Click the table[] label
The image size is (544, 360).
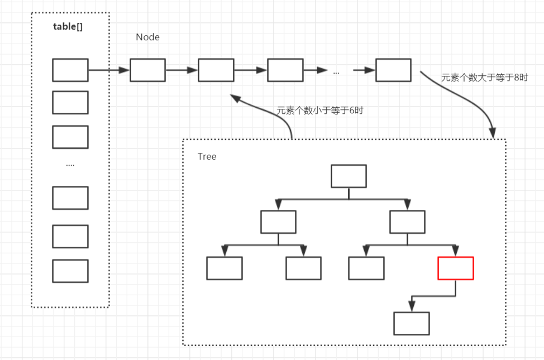pyautogui.click(x=68, y=27)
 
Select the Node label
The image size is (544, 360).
pyautogui.click(x=147, y=37)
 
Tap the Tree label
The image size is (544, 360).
pyautogui.click(x=207, y=157)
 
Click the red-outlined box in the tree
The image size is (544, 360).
pyautogui.click(x=456, y=268)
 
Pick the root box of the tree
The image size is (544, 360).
pyautogui.click(x=349, y=176)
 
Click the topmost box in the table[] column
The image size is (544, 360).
pyautogui.click(x=70, y=70)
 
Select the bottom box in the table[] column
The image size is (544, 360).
pyautogui.click(x=70, y=271)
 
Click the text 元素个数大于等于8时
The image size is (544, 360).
pyautogui.click(x=484, y=78)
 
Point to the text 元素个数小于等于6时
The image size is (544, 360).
pyautogui.click(x=320, y=111)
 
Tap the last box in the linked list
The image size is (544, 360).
pyautogui.click(x=393, y=70)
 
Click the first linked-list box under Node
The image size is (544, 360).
pyautogui.click(x=147, y=70)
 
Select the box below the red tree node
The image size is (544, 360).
pyautogui.click(x=412, y=323)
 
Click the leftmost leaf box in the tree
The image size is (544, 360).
pyautogui.click(x=225, y=268)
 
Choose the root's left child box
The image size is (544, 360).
pyautogui.click(x=278, y=222)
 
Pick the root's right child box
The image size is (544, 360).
pyautogui.click(x=408, y=222)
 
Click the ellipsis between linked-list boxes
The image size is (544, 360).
pyautogui.click(x=336, y=71)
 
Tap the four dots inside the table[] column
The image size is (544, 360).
pyautogui.click(x=70, y=164)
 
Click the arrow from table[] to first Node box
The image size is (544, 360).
pyautogui.click(x=109, y=70)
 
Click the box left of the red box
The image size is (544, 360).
pyautogui.click(x=366, y=268)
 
